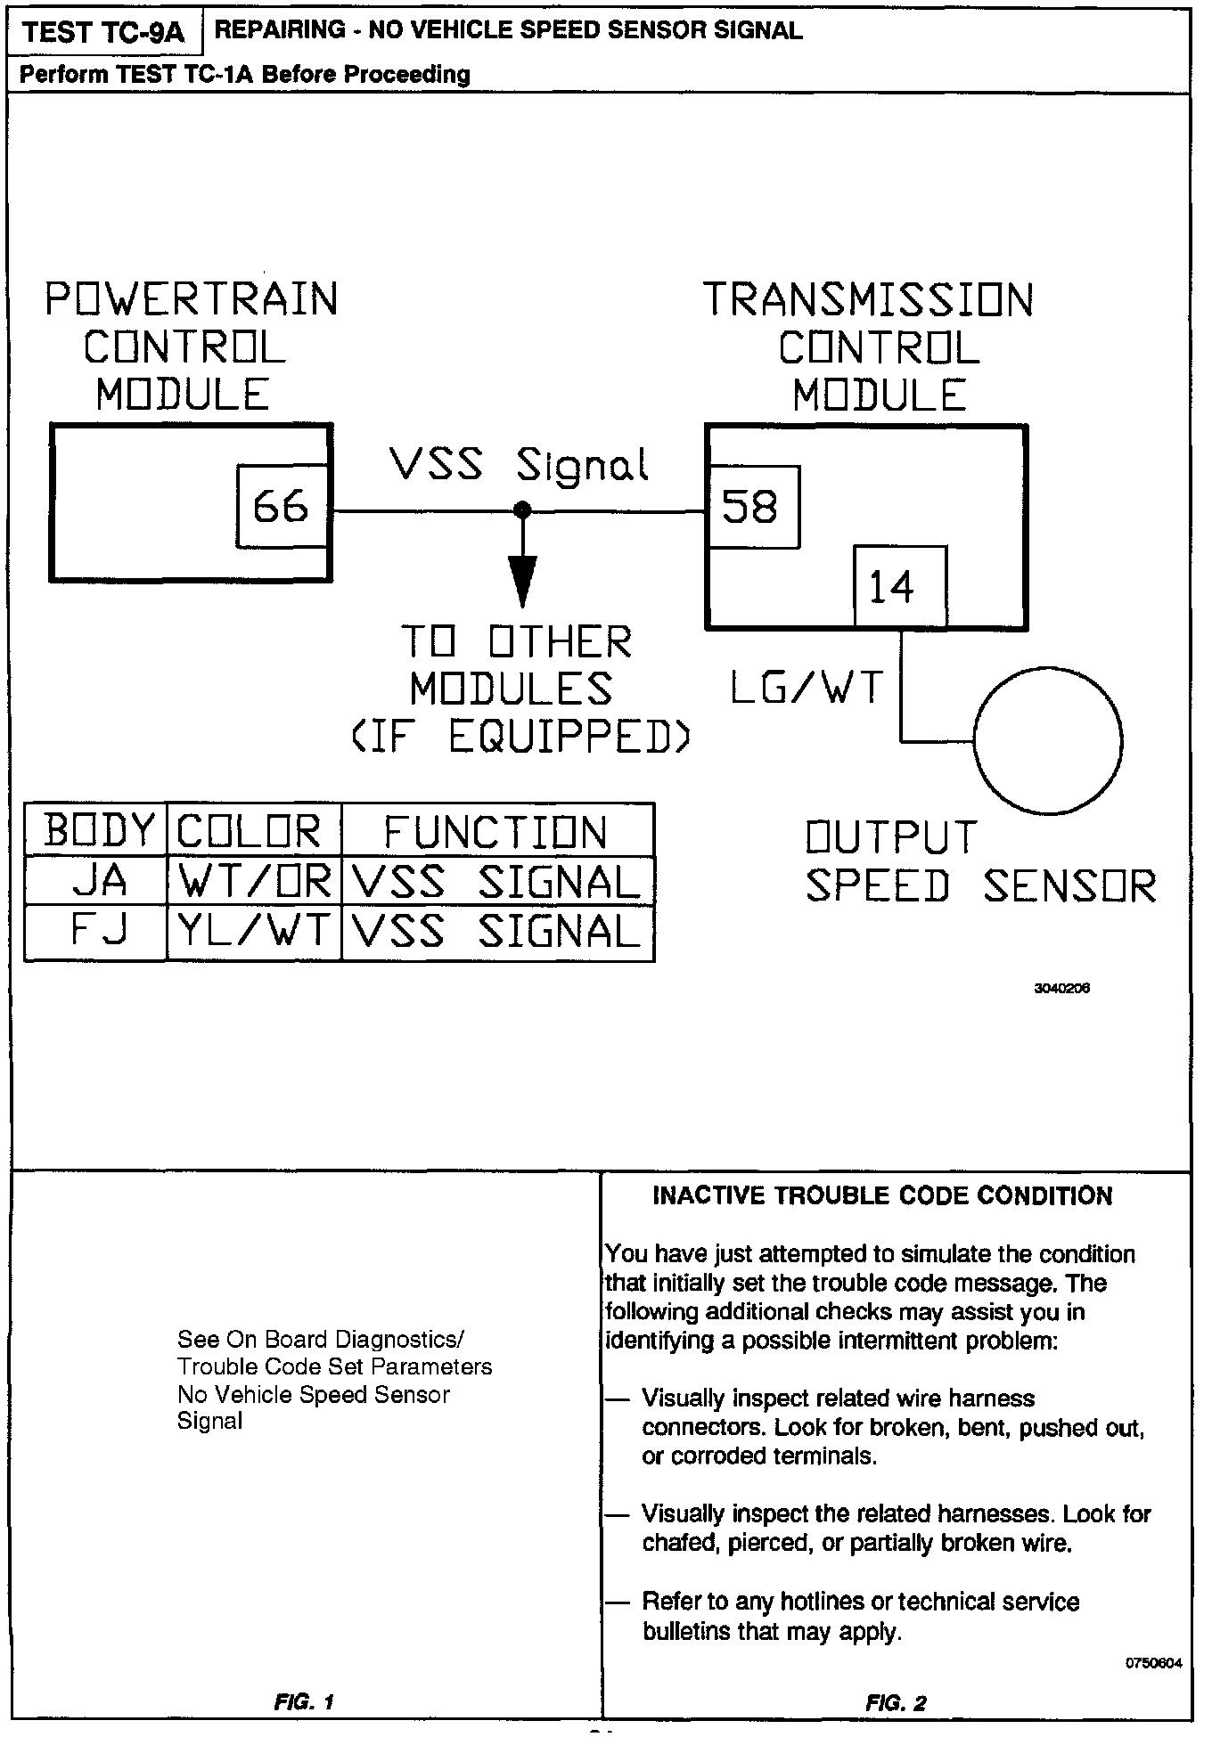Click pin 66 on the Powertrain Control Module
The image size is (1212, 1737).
(x=283, y=507)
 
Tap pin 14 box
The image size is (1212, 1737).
(x=900, y=587)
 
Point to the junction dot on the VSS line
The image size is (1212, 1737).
(x=523, y=510)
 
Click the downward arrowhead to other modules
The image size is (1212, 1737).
(x=523, y=579)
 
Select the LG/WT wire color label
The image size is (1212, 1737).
(x=807, y=687)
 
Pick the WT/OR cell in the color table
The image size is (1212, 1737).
(x=255, y=882)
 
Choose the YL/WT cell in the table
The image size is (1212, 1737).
(x=255, y=932)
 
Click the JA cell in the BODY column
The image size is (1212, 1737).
(x=97, y=882)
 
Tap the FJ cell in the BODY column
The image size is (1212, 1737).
(x=97, y=932)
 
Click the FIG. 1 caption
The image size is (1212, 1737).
(x=305, y=1702)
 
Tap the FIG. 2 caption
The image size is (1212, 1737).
(x=896, y=1703)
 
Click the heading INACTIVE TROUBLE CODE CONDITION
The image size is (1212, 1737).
(x=882, y=1195)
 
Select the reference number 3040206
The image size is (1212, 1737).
(x=1061, y=989)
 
